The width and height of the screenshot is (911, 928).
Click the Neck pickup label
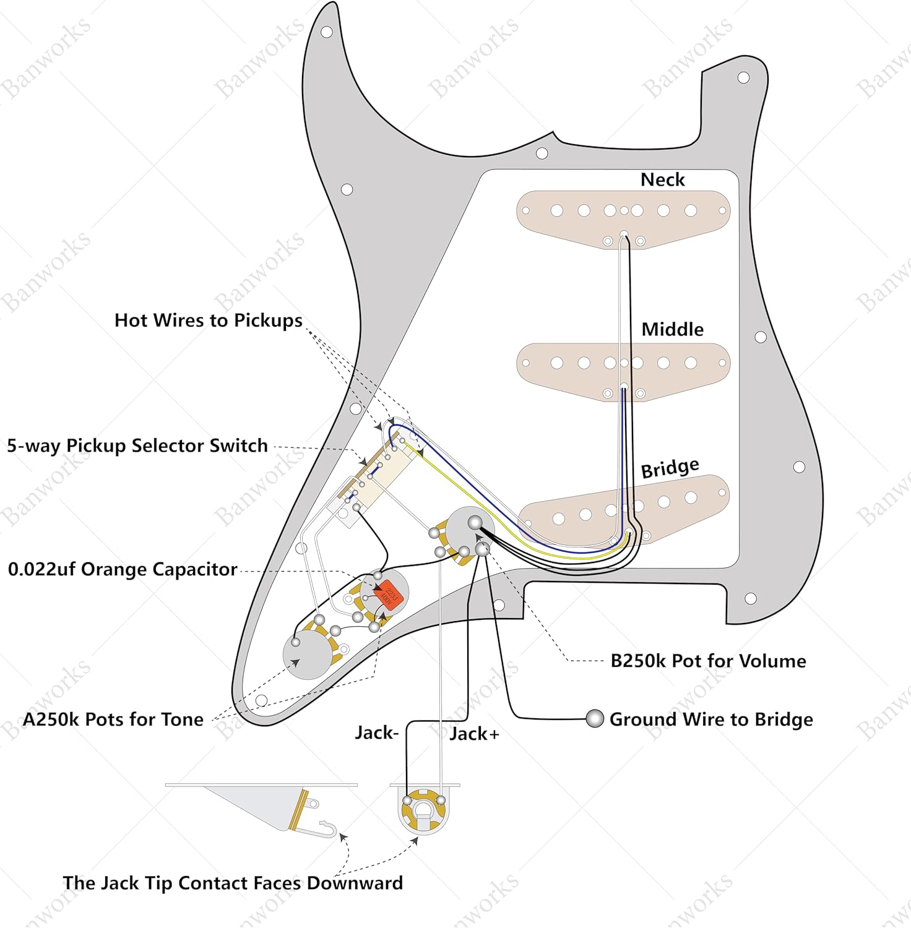coord(662,179)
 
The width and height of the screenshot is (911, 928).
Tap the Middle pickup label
coord(672,329)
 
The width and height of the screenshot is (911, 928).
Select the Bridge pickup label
coord(670,468)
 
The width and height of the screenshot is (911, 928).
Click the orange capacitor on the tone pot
coord(388,594)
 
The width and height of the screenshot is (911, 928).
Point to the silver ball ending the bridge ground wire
coord(595,718)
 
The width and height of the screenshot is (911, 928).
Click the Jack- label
coord(377,733)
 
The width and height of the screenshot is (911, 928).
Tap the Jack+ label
coord(474,734)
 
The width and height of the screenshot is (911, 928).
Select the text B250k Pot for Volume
coord(708,661)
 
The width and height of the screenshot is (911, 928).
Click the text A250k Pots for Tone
coord(113,720)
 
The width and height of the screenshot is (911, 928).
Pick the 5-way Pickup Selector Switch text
coord(137,445)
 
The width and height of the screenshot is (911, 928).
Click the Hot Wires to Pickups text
coord(209,320)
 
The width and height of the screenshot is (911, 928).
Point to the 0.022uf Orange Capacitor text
coord(123,569)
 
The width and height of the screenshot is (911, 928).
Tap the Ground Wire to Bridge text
coord(711,720)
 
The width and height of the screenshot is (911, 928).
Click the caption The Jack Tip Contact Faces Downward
coord(233,883)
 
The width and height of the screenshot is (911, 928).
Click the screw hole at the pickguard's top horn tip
coord(327,32)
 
